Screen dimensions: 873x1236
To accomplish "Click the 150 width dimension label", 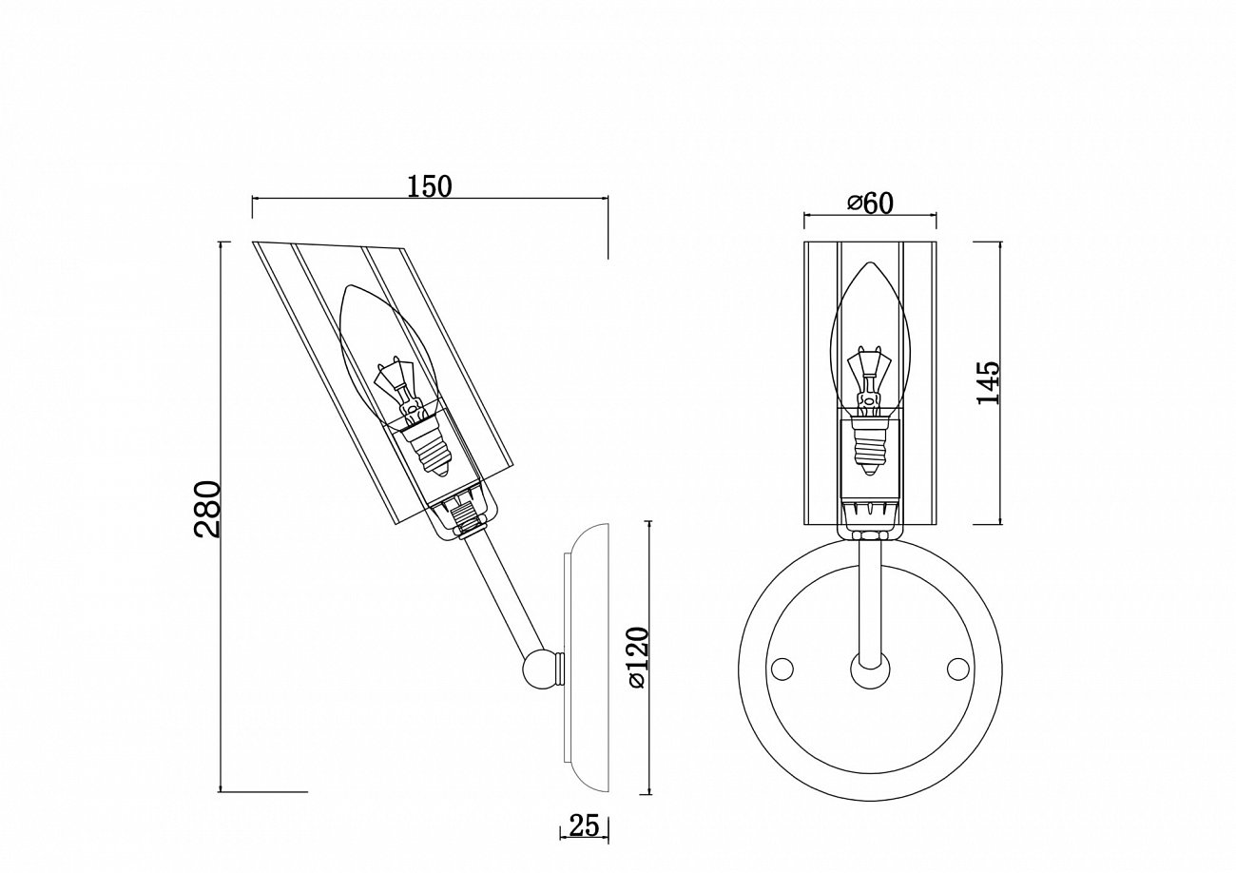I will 429,186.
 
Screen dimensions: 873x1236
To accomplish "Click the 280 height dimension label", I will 208,510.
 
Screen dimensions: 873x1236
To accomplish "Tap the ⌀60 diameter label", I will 869,203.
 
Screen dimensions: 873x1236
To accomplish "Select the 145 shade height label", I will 989,383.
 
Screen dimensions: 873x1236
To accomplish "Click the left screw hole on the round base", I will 782,669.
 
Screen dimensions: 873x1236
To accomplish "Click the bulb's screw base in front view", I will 869,447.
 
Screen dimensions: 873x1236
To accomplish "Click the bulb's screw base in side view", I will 433,453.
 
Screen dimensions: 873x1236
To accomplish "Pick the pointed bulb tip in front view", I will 869,267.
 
